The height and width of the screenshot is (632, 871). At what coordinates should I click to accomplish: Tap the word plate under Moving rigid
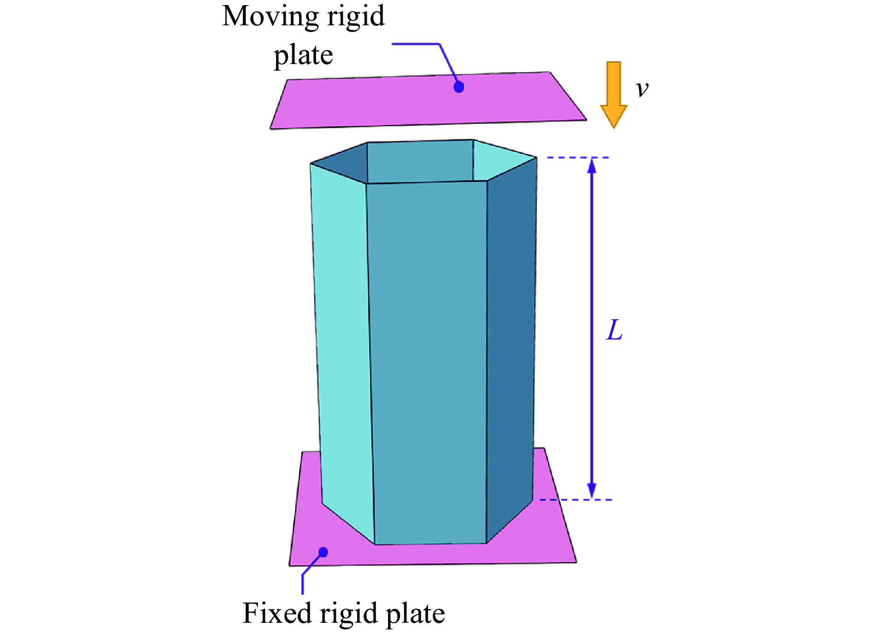point(303,56)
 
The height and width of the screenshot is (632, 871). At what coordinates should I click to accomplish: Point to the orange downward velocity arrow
point(613,94)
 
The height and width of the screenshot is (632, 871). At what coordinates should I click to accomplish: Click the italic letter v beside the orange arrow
point(642,89)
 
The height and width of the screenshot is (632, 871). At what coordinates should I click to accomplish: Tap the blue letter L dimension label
point(614,330)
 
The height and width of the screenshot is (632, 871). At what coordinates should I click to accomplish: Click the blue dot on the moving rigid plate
point(459,87)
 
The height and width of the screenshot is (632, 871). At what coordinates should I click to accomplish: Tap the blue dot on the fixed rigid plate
point(323,552)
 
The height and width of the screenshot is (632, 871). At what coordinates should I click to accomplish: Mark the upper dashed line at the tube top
point(578,158)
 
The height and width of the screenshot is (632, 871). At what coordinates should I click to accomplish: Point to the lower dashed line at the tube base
point(576,499)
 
